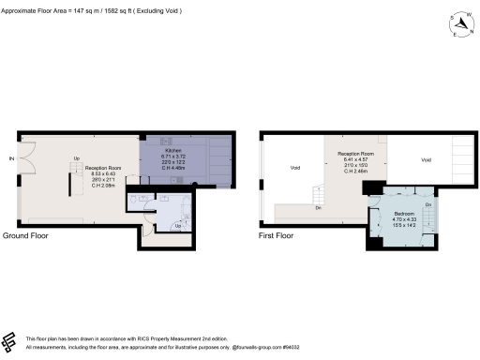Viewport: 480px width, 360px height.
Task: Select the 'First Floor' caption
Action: click(277, 235)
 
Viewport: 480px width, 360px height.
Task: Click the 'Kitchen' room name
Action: click(172, 150)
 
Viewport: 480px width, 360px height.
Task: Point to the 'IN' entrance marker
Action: click(11, 157)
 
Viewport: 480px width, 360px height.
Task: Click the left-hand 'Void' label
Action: click(294, 169)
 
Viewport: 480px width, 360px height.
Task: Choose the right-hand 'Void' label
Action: click(427, 160)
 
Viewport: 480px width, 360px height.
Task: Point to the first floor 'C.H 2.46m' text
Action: click(355, 171)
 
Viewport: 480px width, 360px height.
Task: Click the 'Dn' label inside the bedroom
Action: click(427, 204)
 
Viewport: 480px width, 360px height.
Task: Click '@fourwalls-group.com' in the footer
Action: click(259, 345)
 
